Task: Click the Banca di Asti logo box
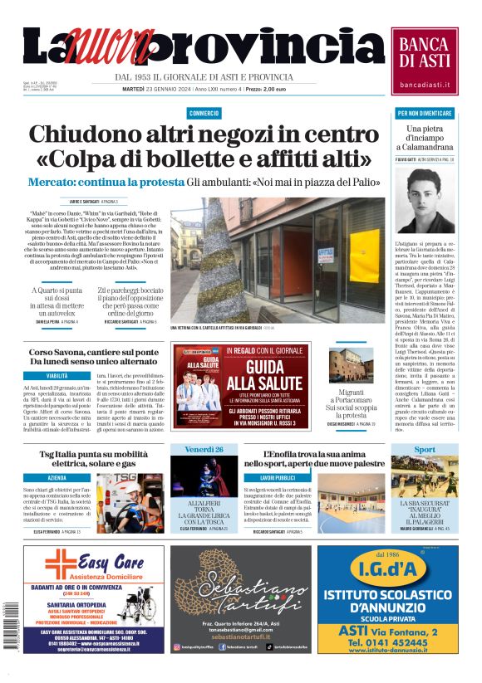425,61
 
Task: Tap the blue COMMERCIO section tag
204,113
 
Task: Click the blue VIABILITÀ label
57,376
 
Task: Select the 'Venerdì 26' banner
204,450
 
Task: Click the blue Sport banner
425,450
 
